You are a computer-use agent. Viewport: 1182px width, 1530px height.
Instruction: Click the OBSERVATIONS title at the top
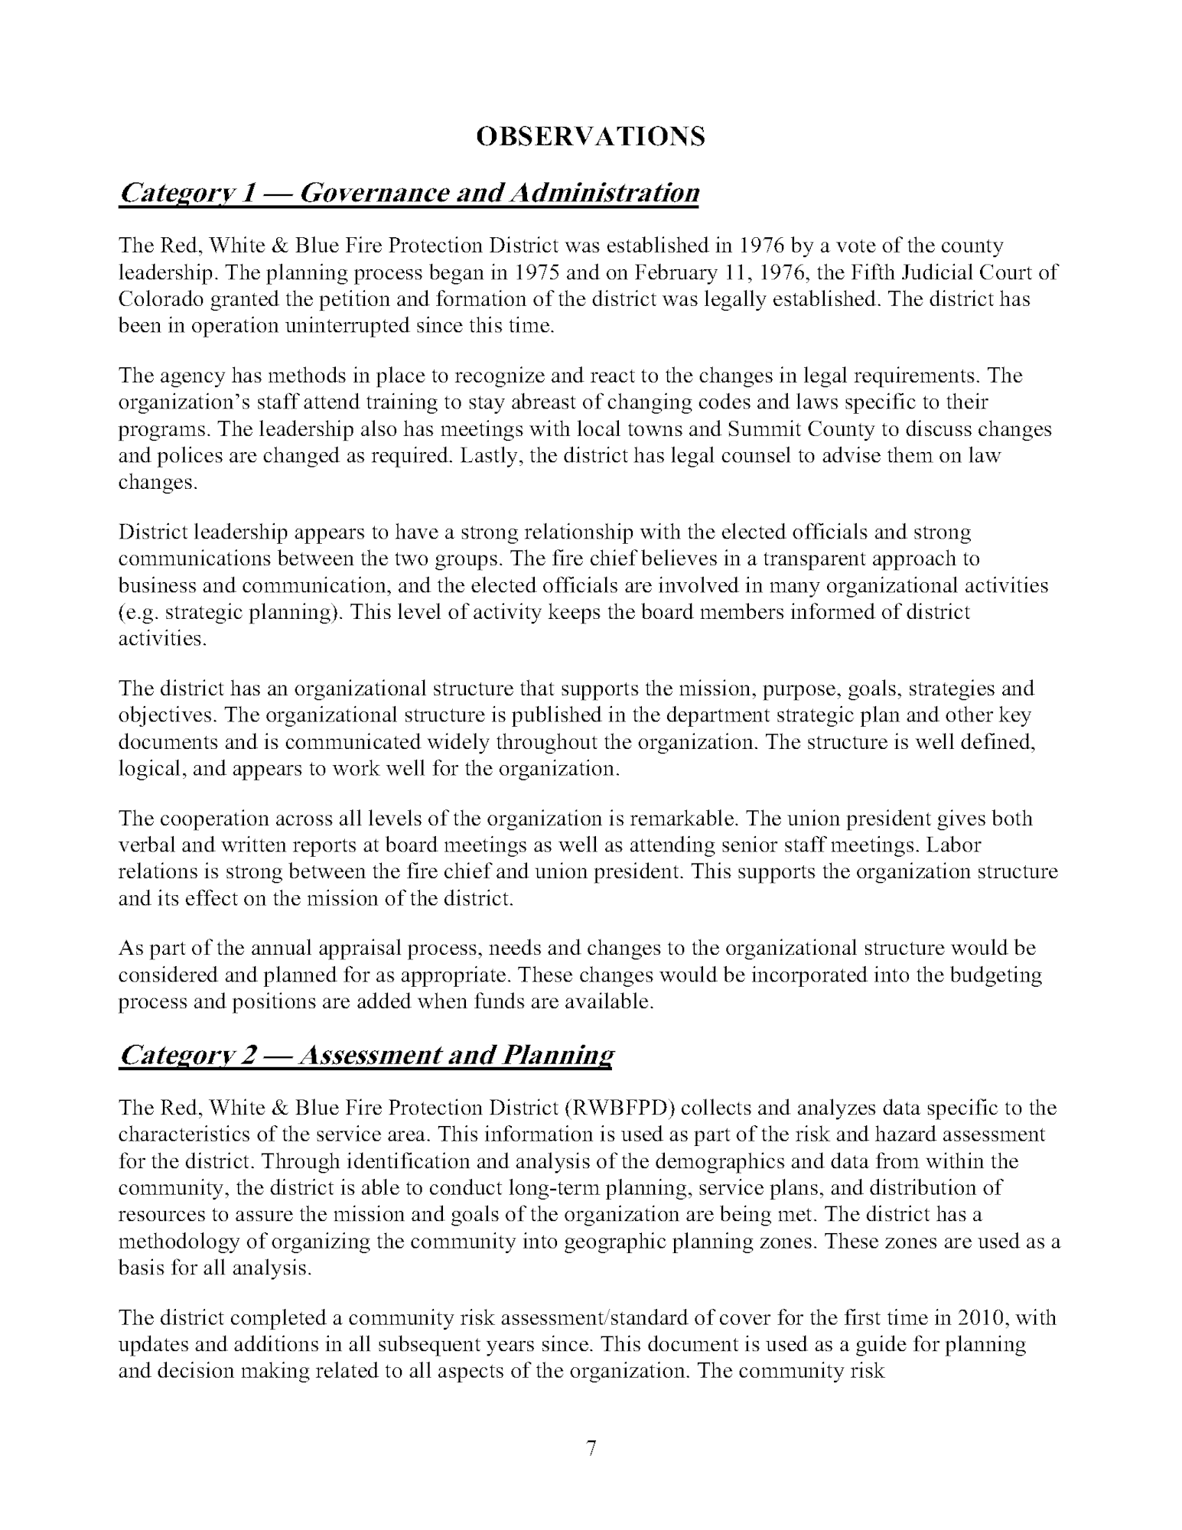pos(590,136)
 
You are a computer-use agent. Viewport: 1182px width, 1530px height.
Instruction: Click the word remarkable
pos(682,819)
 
